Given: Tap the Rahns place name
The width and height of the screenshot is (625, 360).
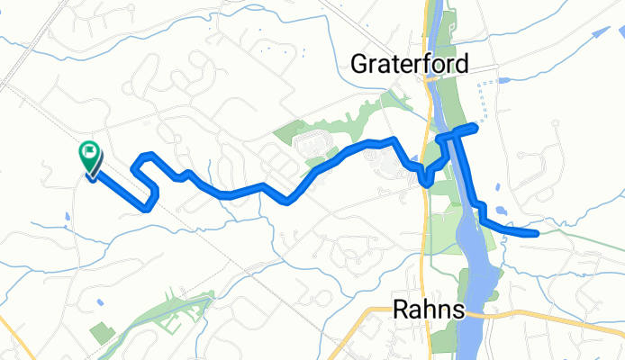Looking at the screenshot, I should tap(430, 310).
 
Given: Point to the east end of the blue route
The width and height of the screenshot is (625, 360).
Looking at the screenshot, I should tap(537, 233).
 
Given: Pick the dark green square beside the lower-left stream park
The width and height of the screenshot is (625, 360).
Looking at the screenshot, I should tap(103, 332).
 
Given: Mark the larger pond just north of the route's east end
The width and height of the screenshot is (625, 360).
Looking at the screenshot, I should tap(503, 213).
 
